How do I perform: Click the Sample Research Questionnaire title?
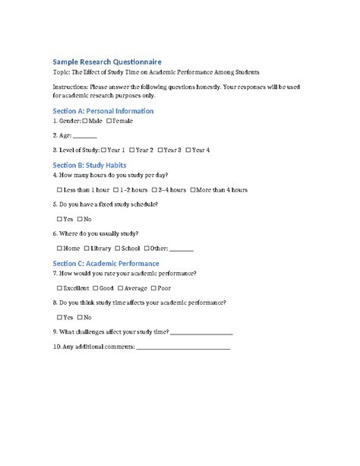tap(106, 60)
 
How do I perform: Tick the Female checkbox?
tap(110, 121)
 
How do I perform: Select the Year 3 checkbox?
tap(161, 150)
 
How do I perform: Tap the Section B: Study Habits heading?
tap(89, 164)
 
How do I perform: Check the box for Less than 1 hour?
tap(60, 189)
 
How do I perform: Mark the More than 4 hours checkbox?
tap(193, 189)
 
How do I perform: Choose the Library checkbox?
tap(87, 249)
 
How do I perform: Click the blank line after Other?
tap(182, 249)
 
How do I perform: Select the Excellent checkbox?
tap(60, 288)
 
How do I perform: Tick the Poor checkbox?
tap(153, 288)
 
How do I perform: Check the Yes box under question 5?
tap(60, 219)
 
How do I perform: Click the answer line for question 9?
tap(202, 332)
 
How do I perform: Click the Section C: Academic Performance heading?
tap(106, 262)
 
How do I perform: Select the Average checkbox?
tap(120, 288)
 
